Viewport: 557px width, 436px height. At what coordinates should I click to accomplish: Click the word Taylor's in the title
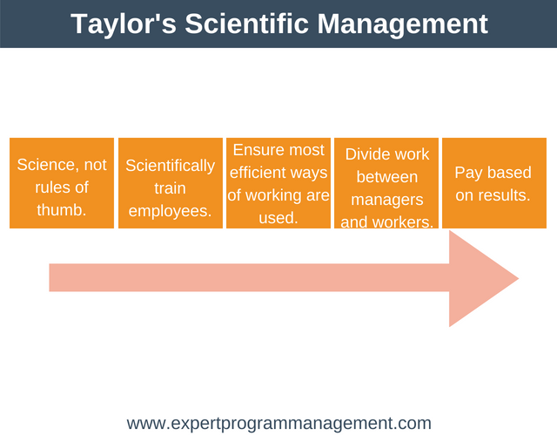tap(124, 24)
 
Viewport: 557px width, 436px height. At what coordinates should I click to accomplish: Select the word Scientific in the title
tap(246, 24)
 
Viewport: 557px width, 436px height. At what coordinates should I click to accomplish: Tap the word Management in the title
tap(402, 24)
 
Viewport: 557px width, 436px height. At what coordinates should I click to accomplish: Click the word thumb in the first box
tap(60, 209)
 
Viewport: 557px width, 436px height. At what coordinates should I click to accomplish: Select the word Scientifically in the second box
tap(171, 166)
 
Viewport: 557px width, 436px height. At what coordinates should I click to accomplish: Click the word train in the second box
tap(170, 188)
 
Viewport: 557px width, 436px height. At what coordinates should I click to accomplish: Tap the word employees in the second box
tap(168, 211)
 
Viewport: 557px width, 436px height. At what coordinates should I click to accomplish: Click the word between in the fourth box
tap(386, 177)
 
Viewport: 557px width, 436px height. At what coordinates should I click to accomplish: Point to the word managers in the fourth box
tap(386, 200)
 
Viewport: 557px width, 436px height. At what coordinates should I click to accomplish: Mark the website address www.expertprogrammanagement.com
tap(279, 424)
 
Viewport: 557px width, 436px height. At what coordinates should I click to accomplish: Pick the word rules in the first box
tap(49, 187)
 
